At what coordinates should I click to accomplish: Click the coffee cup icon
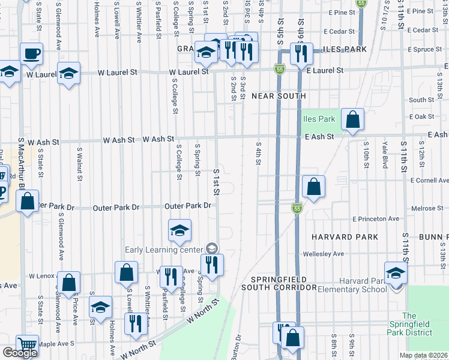point(31,53)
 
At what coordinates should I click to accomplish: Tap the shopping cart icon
point(26,345)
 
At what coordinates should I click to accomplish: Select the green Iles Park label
point(319,119)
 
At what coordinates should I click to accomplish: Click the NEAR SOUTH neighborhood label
point(279,96)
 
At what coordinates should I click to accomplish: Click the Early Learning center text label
point(164,250)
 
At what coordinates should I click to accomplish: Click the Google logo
point(20,353)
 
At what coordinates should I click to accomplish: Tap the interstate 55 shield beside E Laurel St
point(280,70)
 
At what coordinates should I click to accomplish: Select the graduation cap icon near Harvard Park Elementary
point(396,273)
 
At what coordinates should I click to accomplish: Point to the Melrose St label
point(427,208)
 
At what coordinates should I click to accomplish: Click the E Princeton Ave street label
point(376,219)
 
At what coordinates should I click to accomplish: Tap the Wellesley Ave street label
point(327,254)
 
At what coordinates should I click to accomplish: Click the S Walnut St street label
point(79,162)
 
